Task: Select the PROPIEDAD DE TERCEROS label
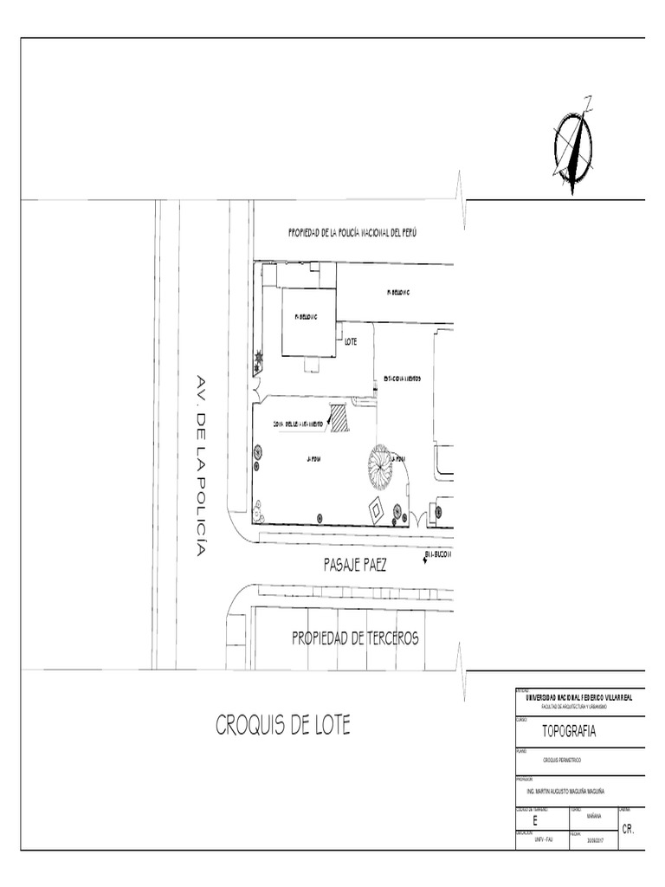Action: pyautogui.click(x=355, y=638)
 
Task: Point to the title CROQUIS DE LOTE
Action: pyautogui.click(x=283, y=726)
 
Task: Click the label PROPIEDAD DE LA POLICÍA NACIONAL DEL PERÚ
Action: pyautogui.click(x=352, y=234)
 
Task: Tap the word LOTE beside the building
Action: pyautogui.click(x=351, y=342)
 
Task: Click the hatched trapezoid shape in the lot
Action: pyautogui.click(x=339, y=418)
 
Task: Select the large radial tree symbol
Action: pyautogui.click(x=380, y=466)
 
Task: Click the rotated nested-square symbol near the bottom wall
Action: pyautogui.click(x=376, y=510)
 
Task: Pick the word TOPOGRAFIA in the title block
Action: pyautogui.click(x=569, y=731)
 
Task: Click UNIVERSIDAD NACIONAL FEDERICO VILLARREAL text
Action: pyautogui.click(x=574, y=697)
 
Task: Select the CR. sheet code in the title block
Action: pyautogui.click(x=629, y=829)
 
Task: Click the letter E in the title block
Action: pyautogui.click(x=535, y=820)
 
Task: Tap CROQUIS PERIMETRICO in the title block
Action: pyautogui.click(x=562, y=760)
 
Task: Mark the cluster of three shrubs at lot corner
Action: pyautogui.click(x=258, y=512)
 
